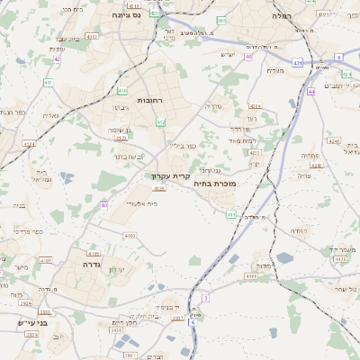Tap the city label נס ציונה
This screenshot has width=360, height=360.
(x=126, y=14)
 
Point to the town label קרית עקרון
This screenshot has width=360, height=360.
(x=173, y=177)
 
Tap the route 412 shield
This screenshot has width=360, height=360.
(x=160, y=121)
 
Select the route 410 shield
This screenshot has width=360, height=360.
(x=104, y=205)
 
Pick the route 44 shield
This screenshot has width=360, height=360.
(x=310, y=91)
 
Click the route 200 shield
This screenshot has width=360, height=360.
(x=221, y=20)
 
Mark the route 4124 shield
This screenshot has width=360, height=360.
(x=29, y=143)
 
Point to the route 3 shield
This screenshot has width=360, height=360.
(x=205, y=297)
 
